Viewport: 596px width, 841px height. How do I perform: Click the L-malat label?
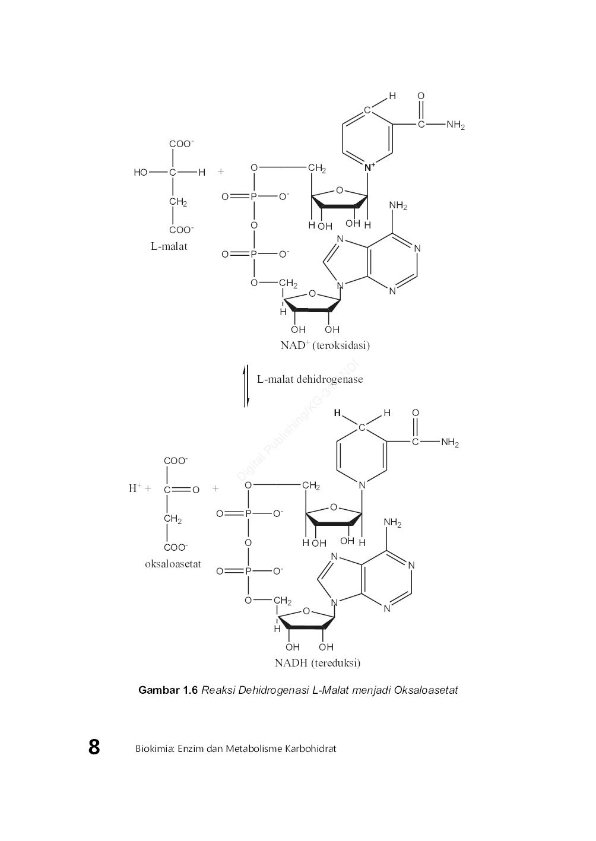169,246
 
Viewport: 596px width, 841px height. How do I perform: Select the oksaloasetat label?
173,564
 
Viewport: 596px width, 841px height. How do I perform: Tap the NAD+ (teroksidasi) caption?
325,345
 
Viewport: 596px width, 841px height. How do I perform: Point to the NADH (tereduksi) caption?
317,663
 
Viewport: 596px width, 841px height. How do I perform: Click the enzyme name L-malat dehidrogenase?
309,379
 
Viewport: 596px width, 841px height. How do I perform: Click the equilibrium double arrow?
246,386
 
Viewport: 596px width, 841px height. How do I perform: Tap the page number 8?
94,747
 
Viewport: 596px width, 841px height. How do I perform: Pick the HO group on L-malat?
141,173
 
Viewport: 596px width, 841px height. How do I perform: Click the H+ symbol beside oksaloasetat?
135,488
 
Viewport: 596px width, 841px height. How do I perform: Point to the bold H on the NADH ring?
337,413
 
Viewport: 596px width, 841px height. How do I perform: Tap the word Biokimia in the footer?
152,748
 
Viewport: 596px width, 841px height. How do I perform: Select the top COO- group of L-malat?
182,144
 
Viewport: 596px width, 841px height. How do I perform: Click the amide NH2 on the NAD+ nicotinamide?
455,125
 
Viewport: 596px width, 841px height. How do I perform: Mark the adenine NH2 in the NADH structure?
392,523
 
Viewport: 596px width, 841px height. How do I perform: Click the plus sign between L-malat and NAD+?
221,172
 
